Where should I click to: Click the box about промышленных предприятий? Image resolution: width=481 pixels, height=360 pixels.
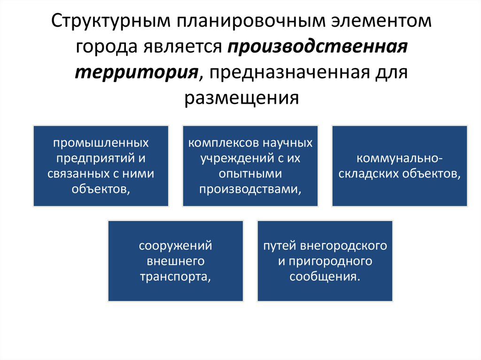click(x=101, y=166)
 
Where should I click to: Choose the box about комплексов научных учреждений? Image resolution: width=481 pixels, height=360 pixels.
click(x=250, y=166)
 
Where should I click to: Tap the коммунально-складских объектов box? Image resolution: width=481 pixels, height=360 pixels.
click(x=400, y=166)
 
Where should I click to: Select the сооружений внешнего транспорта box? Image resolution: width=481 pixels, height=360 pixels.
click(x=176, y=261)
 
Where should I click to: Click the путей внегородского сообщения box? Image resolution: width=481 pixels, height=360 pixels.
click(x=325, y=261)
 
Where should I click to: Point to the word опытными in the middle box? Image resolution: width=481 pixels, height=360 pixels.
click(x=250, y=173)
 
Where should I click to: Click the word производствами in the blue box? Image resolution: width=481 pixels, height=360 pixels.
click(x=250, y=189)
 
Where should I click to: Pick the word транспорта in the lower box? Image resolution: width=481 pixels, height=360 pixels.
click(x=175, y=276)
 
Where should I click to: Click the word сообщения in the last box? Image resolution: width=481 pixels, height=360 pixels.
click(x=325, y=276)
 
